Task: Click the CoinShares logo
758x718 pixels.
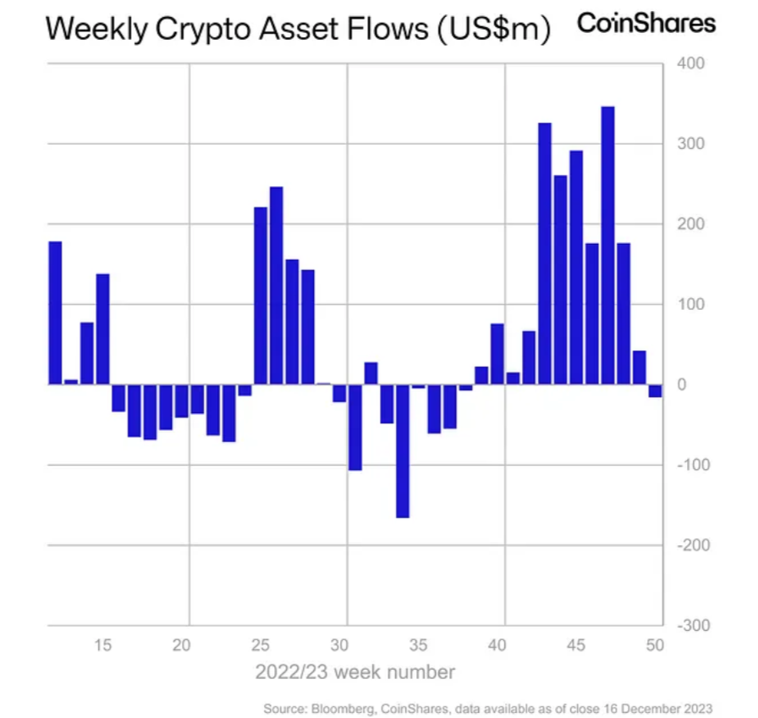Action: [645, 23]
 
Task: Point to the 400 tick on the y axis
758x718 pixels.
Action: [687, 64]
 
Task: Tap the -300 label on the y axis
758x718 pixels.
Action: [687, 626]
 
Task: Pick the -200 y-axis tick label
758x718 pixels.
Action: [687, 545]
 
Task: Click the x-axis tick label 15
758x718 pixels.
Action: [102, 645]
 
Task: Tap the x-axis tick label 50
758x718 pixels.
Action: [655, 645]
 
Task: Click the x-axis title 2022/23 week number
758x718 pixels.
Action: [355, 673]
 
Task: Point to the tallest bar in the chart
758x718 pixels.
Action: [607, 245]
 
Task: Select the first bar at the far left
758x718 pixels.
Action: [55, 312]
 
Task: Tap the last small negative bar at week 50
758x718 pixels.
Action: [655, 390]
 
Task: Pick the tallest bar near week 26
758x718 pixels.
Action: [277, 284]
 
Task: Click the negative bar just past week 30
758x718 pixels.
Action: [355, 427]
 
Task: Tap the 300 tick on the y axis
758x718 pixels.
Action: [687, 144]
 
